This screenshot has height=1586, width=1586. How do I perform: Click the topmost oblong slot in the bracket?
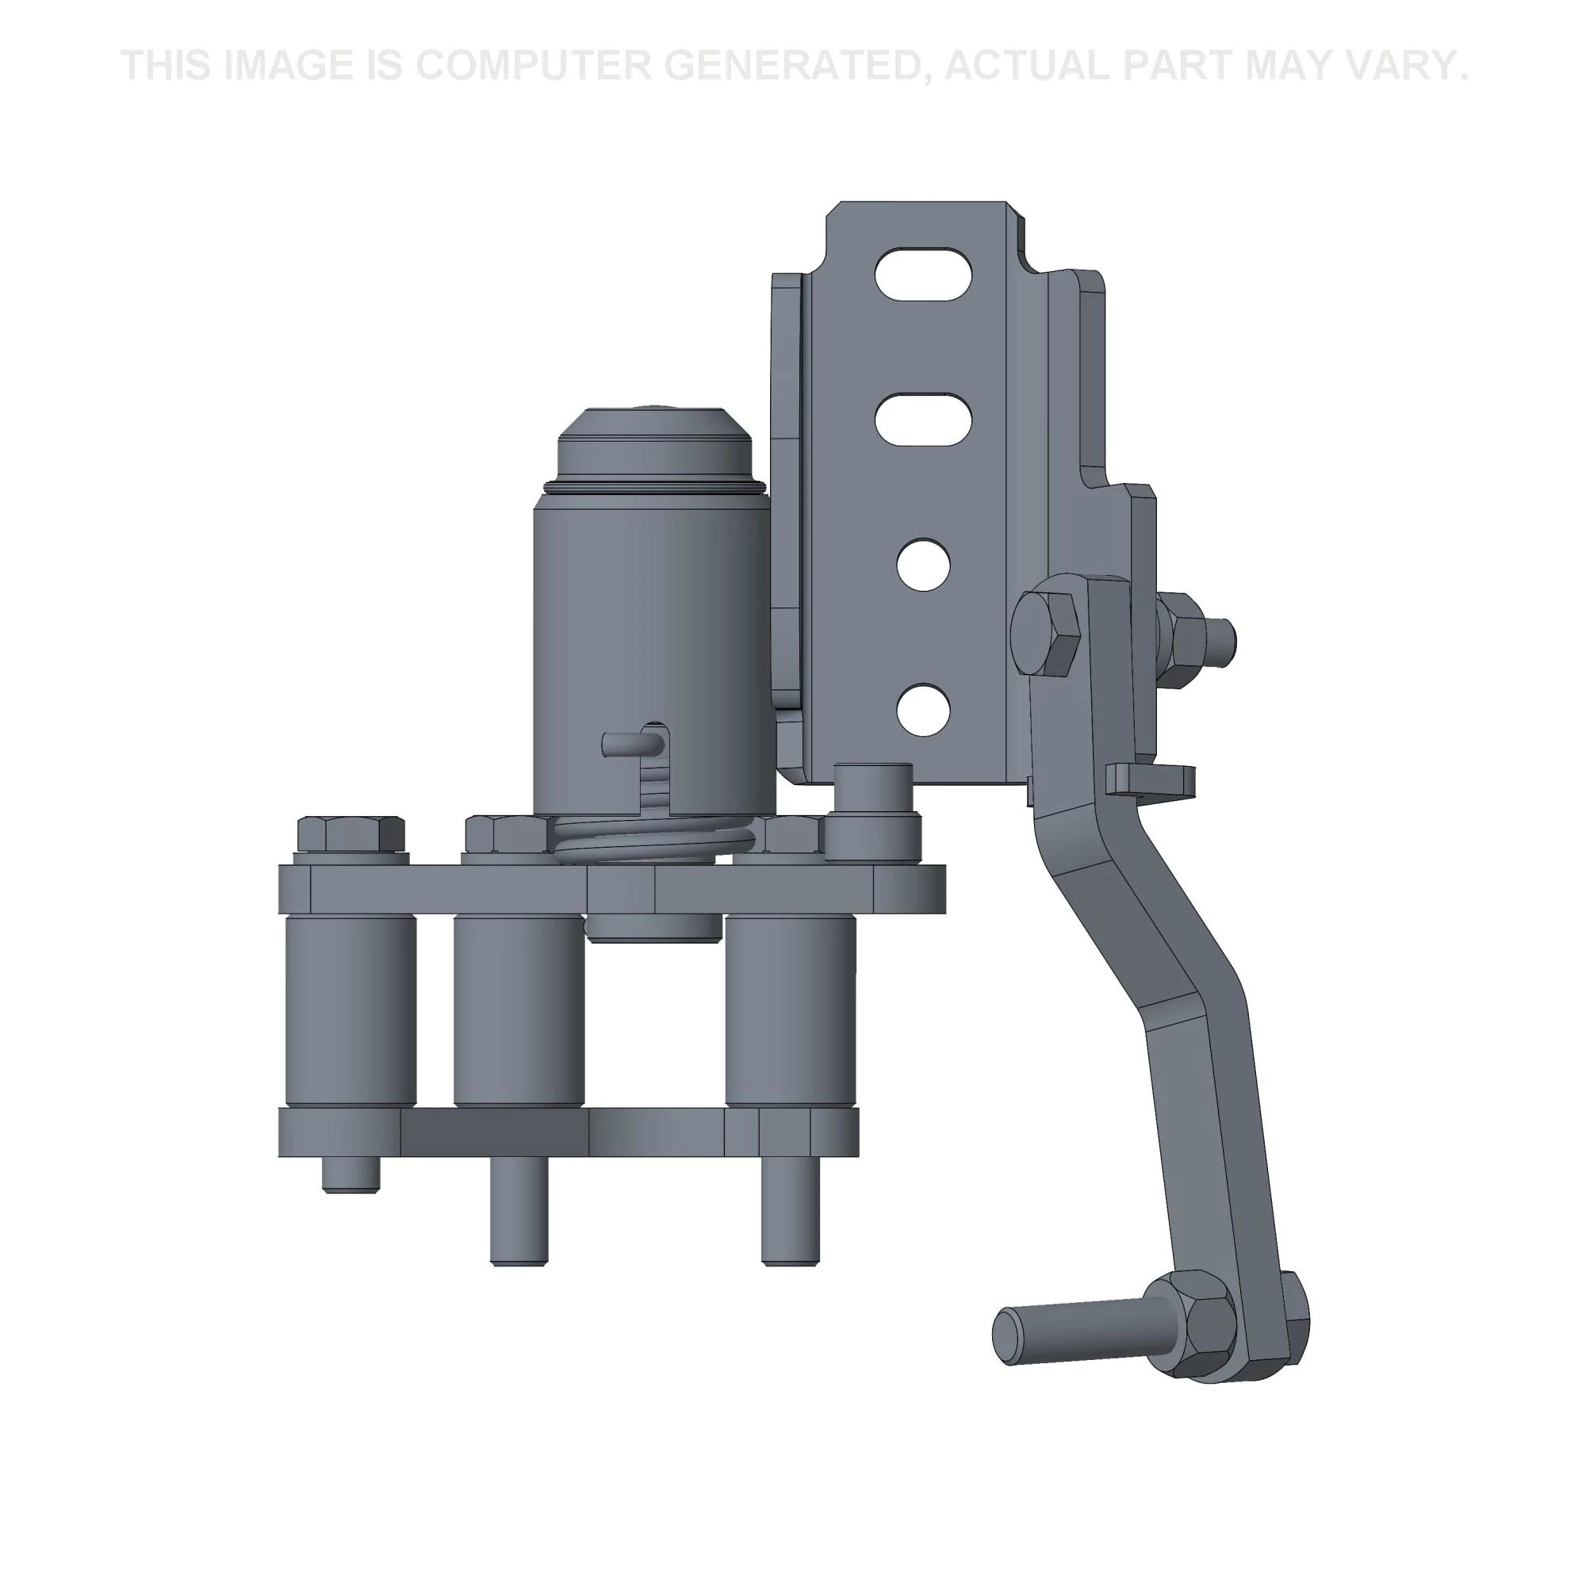pyautogui.click(x=925, y=274)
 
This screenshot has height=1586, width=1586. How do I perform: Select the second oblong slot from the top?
pyautogui.click(x=925, y=419)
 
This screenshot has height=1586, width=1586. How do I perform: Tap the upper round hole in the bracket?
pyautogui.click(x=924, y=565)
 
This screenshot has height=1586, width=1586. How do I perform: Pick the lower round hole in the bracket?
pyautogui.click(x=924, y=710)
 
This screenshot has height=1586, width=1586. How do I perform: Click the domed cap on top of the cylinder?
pyautogui.click(x=654, y=443)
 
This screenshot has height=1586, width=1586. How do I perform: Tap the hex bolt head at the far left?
pyautogui.click(x=351, y=834)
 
